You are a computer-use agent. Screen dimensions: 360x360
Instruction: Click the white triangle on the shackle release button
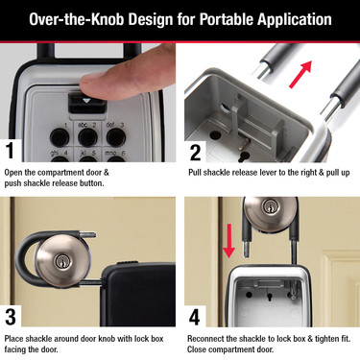87,99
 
